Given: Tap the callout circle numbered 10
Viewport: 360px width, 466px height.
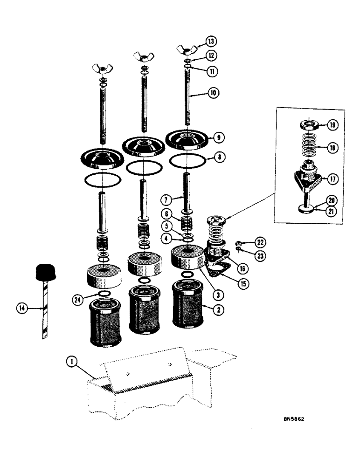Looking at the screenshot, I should [214, 93].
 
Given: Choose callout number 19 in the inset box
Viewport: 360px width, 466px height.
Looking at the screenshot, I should [332, 125].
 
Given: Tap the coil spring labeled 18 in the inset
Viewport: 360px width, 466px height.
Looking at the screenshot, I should [307, 146].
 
